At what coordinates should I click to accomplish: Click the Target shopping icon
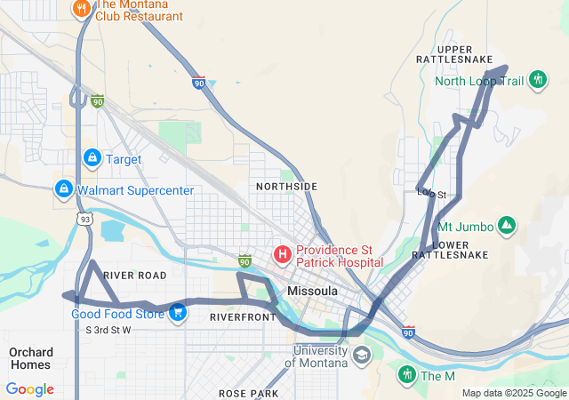pos(91,158)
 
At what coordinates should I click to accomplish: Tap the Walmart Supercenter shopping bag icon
pos(63,189)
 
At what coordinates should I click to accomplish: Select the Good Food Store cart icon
pos(178,312)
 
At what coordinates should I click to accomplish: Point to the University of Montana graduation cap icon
pos(362,356)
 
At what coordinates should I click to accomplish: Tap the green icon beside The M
pos(406,375)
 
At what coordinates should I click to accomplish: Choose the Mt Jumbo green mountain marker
pos(506,226)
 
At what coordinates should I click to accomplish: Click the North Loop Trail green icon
pos(537,80)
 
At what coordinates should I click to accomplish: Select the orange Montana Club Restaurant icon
pos(81,9)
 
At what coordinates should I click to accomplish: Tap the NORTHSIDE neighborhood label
pos(286,186)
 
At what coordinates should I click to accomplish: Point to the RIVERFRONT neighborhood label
pos(243,316)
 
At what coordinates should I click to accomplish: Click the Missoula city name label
pos(312,291)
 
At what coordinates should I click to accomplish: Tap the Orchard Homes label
pos(30,358)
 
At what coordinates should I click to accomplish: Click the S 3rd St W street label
pos(108,330)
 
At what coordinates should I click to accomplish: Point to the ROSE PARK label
pos(248,393)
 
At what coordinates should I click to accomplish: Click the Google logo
pos(30,389)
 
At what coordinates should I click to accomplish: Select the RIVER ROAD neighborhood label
pos(135,276)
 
